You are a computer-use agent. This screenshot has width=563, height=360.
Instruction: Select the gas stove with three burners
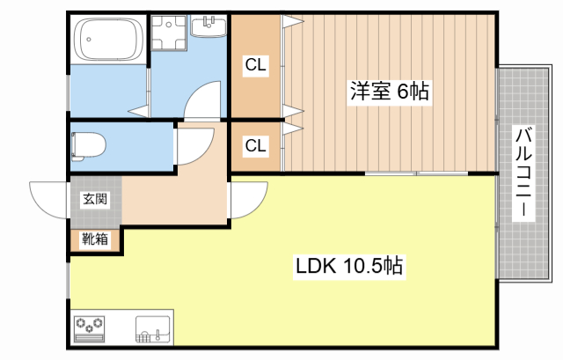[88, 329]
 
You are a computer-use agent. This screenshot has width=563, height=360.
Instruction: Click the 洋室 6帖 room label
[391, 91]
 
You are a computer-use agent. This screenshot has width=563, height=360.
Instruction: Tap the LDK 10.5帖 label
[348, 265]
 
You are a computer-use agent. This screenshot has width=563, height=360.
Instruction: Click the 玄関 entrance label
[96, 199]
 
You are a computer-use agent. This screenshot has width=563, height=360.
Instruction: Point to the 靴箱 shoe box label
[95, 239]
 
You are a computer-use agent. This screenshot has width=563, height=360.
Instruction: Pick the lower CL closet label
[256, 145]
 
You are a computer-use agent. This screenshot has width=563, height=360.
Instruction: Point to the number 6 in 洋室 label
[402, 91]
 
